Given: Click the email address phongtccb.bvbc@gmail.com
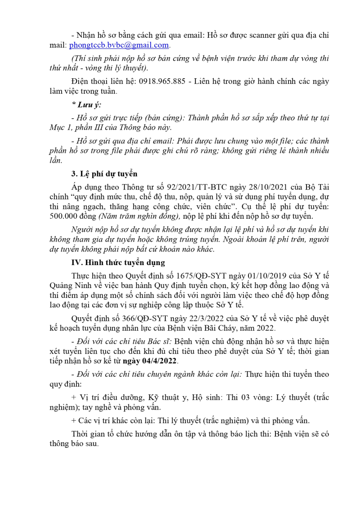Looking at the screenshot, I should pos(119,45).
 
